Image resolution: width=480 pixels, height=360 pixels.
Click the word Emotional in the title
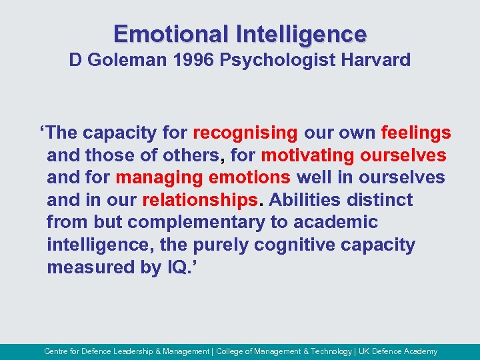click(170, 33)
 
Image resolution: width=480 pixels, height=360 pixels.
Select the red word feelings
click(416, 133)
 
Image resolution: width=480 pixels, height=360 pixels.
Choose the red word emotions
click(249, 178)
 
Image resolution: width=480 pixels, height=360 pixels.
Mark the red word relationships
click(199, 201)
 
